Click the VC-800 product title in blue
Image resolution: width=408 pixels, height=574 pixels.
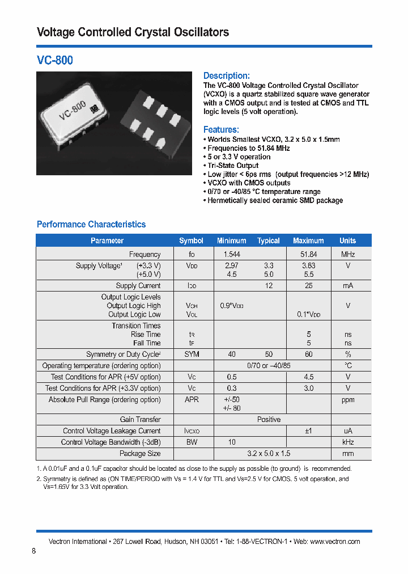tap(55, 60)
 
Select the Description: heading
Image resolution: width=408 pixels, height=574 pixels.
tap(226, 76)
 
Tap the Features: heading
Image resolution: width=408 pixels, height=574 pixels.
tap(221, 130)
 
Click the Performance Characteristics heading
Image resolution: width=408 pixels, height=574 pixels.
tap(91, 225)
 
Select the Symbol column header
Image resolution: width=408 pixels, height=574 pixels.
tap(191, 240)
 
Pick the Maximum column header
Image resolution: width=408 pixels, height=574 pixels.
tap(308, 240)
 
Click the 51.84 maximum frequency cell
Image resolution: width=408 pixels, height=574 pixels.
tap(308, 255)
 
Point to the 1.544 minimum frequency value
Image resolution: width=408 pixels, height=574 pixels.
tap(232, 255)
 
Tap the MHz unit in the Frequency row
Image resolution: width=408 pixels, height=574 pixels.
tap(347, 255)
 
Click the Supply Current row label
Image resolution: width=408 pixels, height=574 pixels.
tap(138, 286)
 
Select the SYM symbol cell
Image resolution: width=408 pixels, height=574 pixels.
tap(192, 354)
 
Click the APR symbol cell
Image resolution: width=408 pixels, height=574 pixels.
tap(192, 400)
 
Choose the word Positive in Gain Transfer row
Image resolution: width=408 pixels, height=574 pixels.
tap(269, 420)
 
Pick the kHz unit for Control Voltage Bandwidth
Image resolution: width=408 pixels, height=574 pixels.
tap(347, 442)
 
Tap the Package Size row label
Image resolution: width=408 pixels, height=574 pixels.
tap(140, 454)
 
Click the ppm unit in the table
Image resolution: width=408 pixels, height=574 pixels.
tap(347, 400)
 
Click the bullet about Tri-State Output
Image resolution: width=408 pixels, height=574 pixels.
tap(232, 166)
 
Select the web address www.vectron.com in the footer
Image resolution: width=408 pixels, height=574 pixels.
tap(335, 542)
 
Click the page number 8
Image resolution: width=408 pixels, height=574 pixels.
tap(34, 551)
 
